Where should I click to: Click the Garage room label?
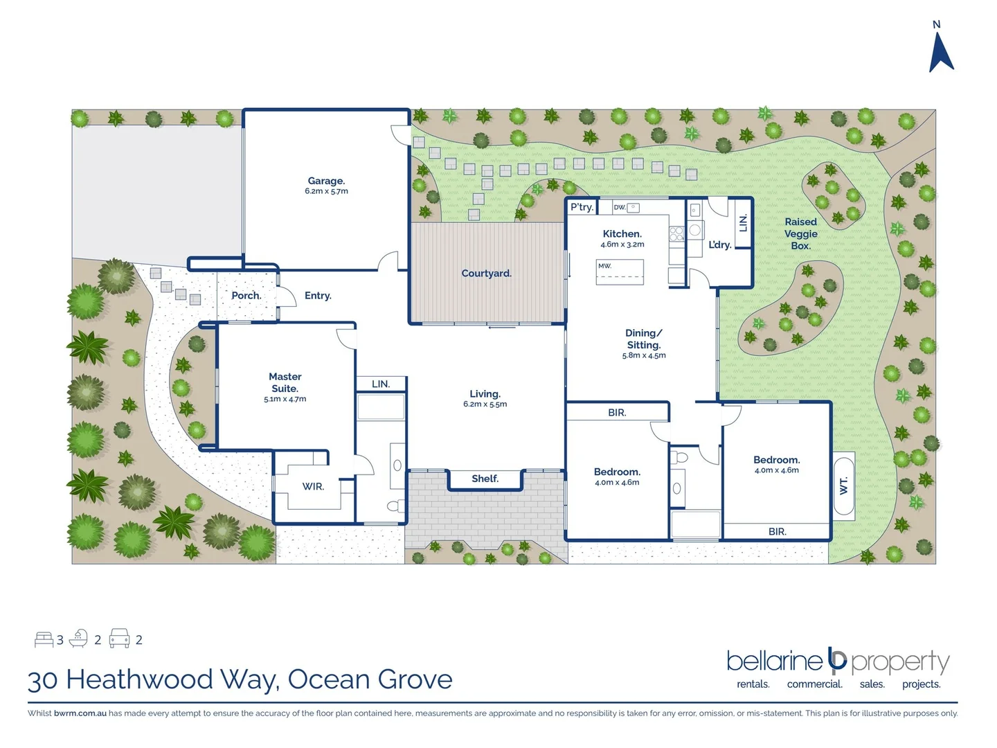326,181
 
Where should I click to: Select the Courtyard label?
486,274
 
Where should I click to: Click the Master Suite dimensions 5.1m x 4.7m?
285,400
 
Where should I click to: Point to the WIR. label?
313,487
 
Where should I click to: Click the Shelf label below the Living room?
485,479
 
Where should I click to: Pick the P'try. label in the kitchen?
582,207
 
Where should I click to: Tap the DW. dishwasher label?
619,207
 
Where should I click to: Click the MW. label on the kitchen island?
604,266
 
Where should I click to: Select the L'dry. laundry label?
719,244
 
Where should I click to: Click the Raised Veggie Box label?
800,233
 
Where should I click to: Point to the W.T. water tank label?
843,486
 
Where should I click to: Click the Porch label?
246,296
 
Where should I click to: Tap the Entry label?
318,296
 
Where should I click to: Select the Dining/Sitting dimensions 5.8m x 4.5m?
643,356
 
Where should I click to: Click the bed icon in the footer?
44,639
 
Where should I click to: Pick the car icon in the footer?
119,639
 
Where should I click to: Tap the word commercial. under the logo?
814,684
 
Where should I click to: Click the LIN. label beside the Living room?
380,384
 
